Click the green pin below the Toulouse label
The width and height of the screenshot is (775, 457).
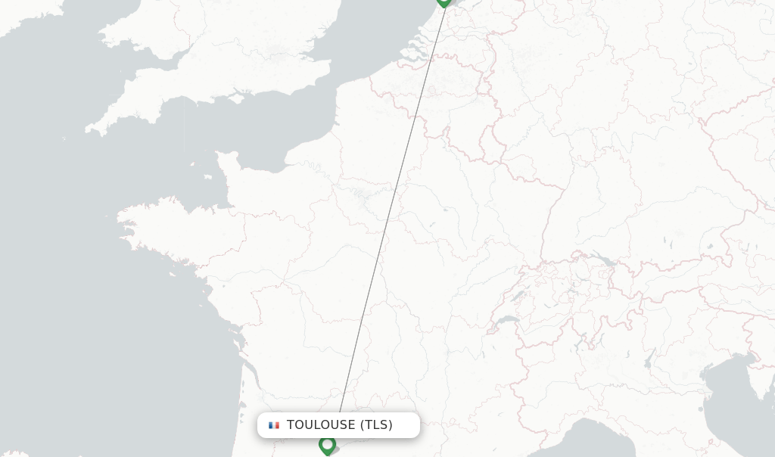pyautogui.click(x=327, y=445)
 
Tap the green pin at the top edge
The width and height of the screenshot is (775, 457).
pyautogui.click(x=444, y=2)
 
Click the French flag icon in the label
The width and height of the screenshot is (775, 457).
pyautogui.click(x=274, y=425)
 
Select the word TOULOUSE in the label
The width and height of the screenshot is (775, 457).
pyautogui.click(x=321, y=425)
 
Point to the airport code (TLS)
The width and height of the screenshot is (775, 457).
pyautogui.click(x=376, y=425)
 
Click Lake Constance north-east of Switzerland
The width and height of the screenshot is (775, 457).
pyautogui.click(x=603, y=261)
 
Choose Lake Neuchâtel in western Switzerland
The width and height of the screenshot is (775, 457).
pyautogui.click(x=516, y=295)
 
